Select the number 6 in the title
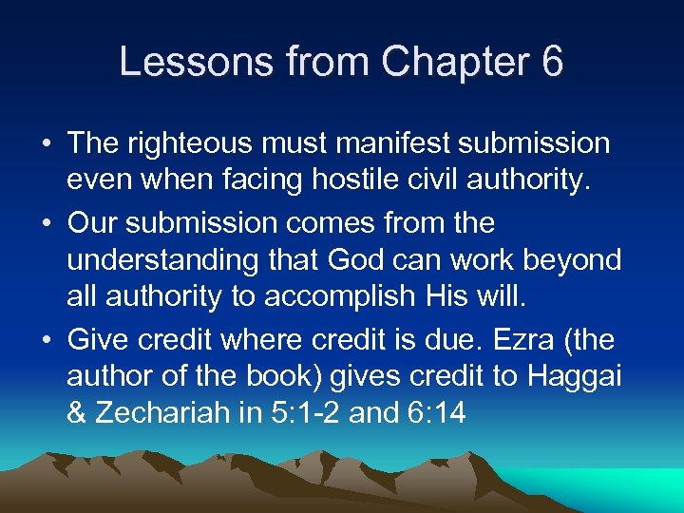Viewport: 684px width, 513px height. point(552,63)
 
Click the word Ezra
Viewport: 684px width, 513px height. point(547,340)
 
